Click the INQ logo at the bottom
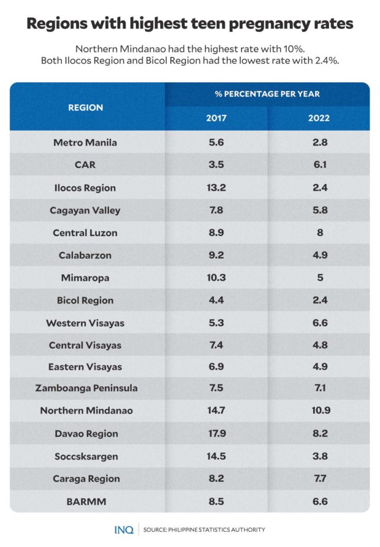tap(124, 529)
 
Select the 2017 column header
tap(216, 118)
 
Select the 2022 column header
tap(319, 118)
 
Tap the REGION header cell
tap(86, 107)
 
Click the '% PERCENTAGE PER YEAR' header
tap(267, 94)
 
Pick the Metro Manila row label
tap(85, 143)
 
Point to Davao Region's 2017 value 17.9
tap(216, 434)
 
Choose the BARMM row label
tap(85, 501)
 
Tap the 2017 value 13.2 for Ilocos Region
tap(216, 188)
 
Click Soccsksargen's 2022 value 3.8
tap(319, 456)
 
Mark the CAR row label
tap(85, 165)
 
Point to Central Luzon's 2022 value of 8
tap(319, 232)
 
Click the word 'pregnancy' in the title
tap(257, 24)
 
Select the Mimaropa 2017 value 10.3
tap(216, 277)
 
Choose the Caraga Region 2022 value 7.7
tap(319, 479)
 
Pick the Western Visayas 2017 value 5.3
tap(216, 322)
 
